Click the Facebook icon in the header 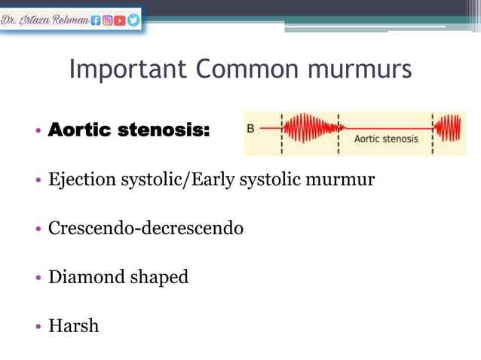pyautogui.click(x=97, y=20)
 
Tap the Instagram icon pyautogui.click(x=109, y=20)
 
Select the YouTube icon pyautogui.click(x=121, y=20)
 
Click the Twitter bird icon pyautogui.click(x=133, y=20)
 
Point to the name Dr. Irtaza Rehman pyautogui.click(x=44, y=20)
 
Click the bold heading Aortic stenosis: pyautogui.click(x=129, y=130)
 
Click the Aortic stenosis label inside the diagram pyautogui.click(x=386, y=139)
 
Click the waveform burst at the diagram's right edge pyautogui.click(x=449, y=129)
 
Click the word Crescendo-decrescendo pyautogui.click(x=146, y=227)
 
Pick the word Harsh pyautogui.click(x=73, y=326)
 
